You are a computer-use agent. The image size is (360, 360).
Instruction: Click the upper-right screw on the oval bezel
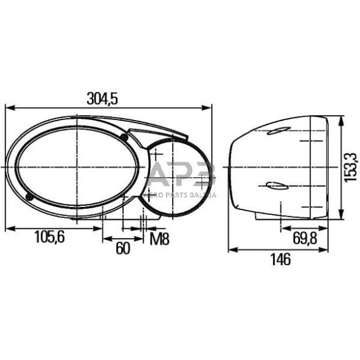pyautogui.click(x=124, y=136)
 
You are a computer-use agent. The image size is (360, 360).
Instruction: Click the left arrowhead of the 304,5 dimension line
pyautogui.click(x=8, y=107)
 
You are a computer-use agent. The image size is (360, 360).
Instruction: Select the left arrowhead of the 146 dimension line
pyautogui.click(x=231, y=249)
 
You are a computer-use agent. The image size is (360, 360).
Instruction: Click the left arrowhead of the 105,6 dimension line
pyautogui.click(x=8, y=228)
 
